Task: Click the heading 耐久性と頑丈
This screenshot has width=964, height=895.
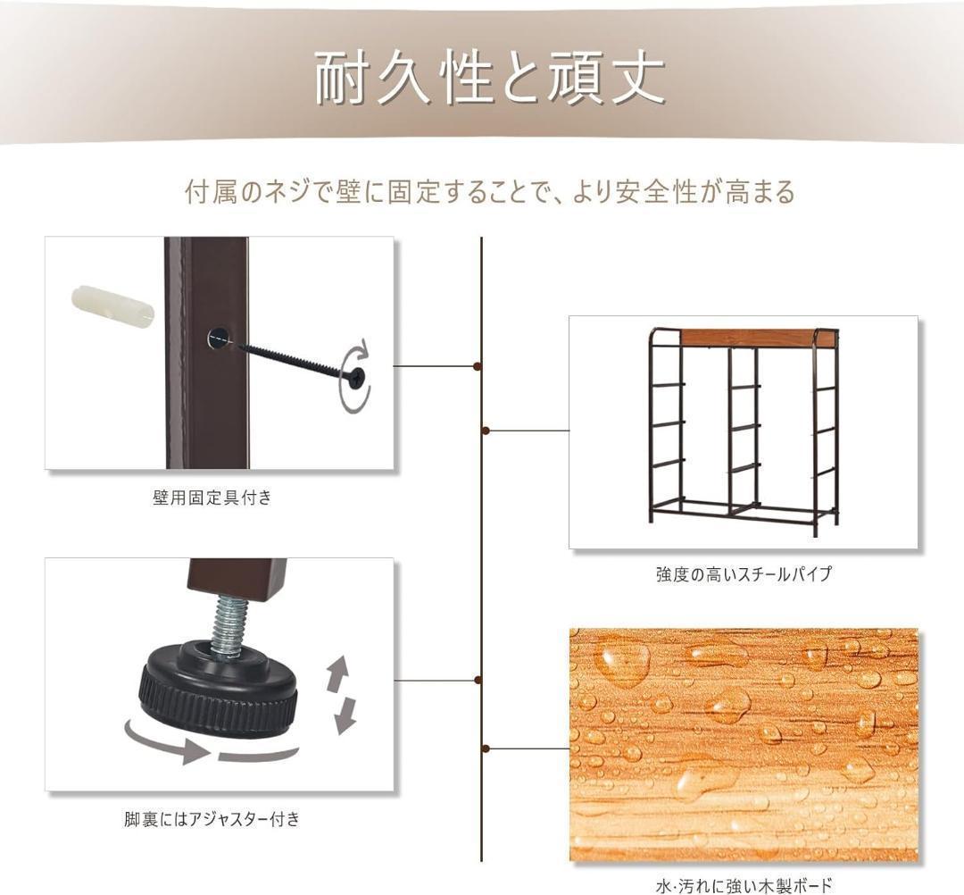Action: [x=489, y=78]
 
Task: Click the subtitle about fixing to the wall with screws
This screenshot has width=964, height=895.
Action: [x=489, y=191]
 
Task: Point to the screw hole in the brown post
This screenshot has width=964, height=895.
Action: [x=216, y=339]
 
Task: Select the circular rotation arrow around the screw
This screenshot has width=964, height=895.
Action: [x=356, y=375]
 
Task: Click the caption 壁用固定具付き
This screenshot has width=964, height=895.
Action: [x=212, y=498]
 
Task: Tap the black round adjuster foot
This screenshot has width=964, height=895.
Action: [x=219, y=689]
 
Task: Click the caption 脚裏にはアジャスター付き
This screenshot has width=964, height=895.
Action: [x=212, y=818]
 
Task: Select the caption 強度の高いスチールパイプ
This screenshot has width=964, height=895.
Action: [x=744, y=574]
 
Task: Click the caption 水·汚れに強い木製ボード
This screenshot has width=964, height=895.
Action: [x=744, y=886]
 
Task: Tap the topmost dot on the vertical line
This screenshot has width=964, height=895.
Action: [x=481, y=366]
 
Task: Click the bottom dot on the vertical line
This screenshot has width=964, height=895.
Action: [x=484, y=748]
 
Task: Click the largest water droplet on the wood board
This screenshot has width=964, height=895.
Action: [x=623, y=661]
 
